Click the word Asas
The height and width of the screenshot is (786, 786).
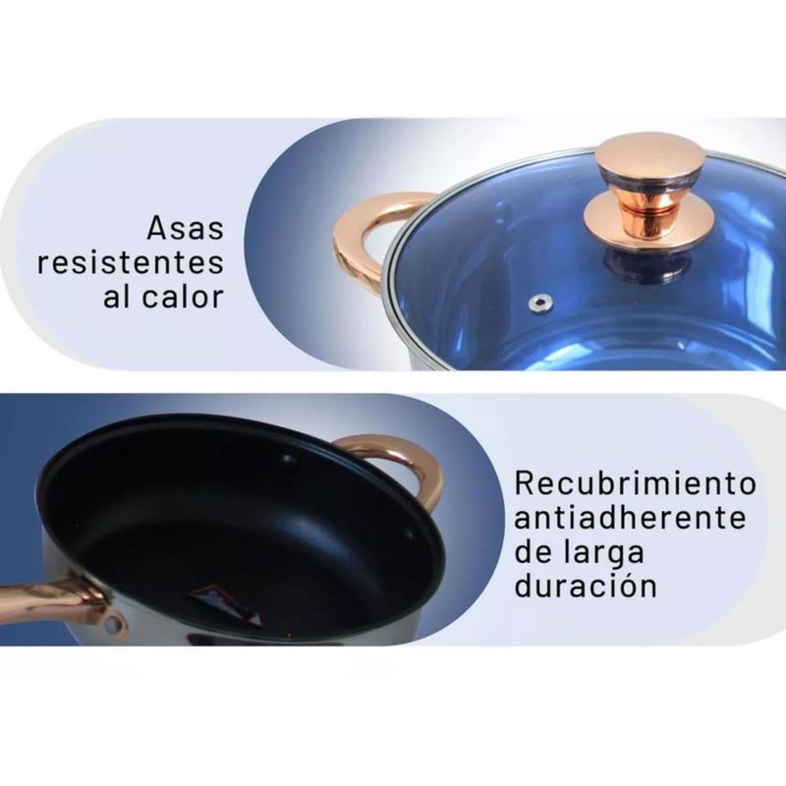(185, 228)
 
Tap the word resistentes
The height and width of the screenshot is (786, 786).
(131, 262)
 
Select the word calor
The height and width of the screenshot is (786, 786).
(183, 297)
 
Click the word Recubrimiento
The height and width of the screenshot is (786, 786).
(635, 483)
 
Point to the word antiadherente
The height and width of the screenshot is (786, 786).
(630, 518)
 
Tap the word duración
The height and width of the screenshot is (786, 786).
(586, 585)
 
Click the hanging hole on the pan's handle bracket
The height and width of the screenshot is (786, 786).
(114, 625)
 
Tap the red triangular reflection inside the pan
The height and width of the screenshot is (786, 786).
(224, 603)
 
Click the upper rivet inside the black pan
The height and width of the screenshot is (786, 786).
(289, 458)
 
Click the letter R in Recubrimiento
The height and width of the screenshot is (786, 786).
(525, 483)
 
